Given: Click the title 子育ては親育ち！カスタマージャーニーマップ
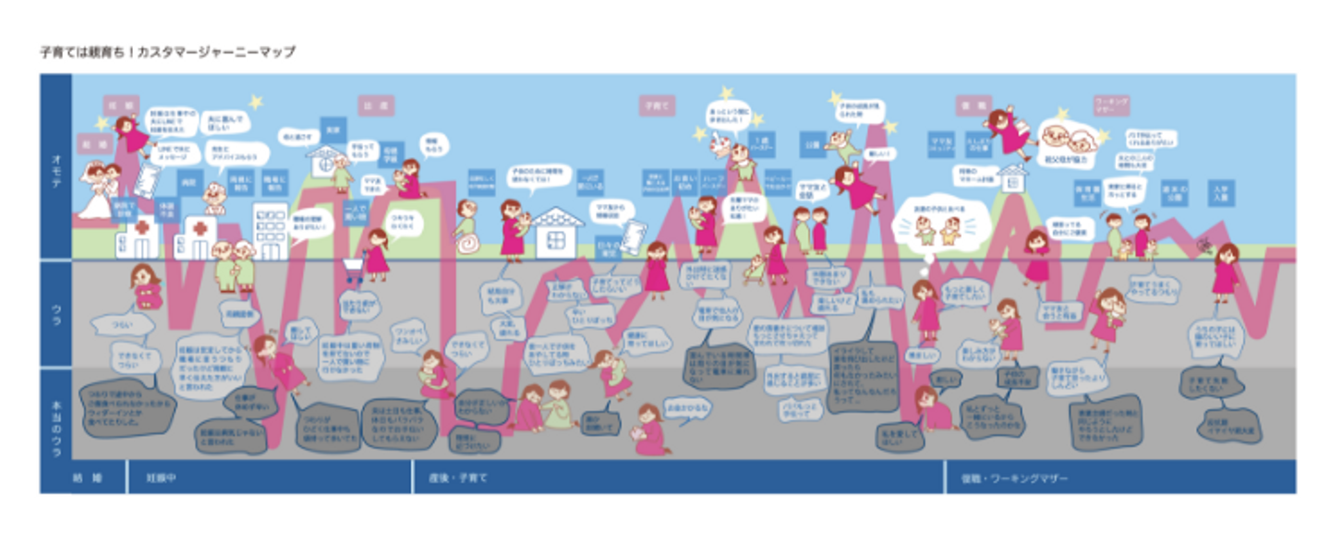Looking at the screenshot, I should [166, 53].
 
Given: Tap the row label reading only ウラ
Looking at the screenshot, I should [55, 313].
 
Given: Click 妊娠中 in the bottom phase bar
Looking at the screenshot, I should [161, 479].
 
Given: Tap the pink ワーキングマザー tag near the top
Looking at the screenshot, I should [1112, 103].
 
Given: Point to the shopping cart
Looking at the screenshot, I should [353, 269].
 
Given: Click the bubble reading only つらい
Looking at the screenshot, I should [121, 325].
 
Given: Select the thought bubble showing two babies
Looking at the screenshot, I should [937, 226].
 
